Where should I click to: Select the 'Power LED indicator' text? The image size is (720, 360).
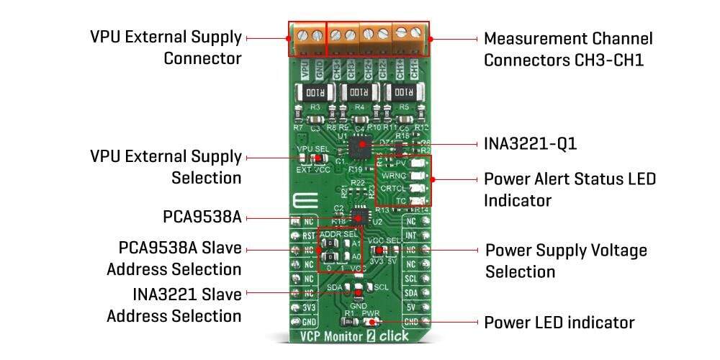[559, 322]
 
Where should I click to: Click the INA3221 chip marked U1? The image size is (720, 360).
[359, 148]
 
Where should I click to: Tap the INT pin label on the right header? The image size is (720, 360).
[410, 235]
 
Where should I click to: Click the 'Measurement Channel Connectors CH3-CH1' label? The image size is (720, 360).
[567, 48]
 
